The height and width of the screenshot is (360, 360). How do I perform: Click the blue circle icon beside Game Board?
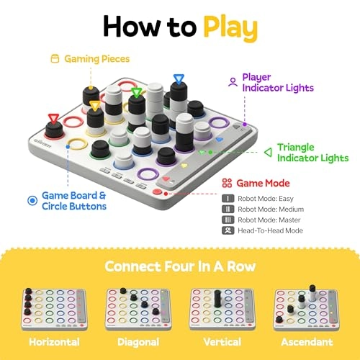pyautogui.click(x=30, y=199)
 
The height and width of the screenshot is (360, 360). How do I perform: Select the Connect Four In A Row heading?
pyautogui.click(x=179, y=266)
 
